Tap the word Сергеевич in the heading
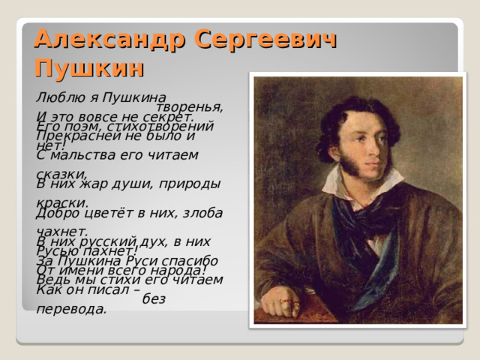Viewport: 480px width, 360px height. tap(266, 38)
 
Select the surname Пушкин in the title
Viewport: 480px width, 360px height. tap(89, 68)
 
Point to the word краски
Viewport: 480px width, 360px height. tap(61, 202)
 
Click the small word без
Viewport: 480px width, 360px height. tap(153, 298)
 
